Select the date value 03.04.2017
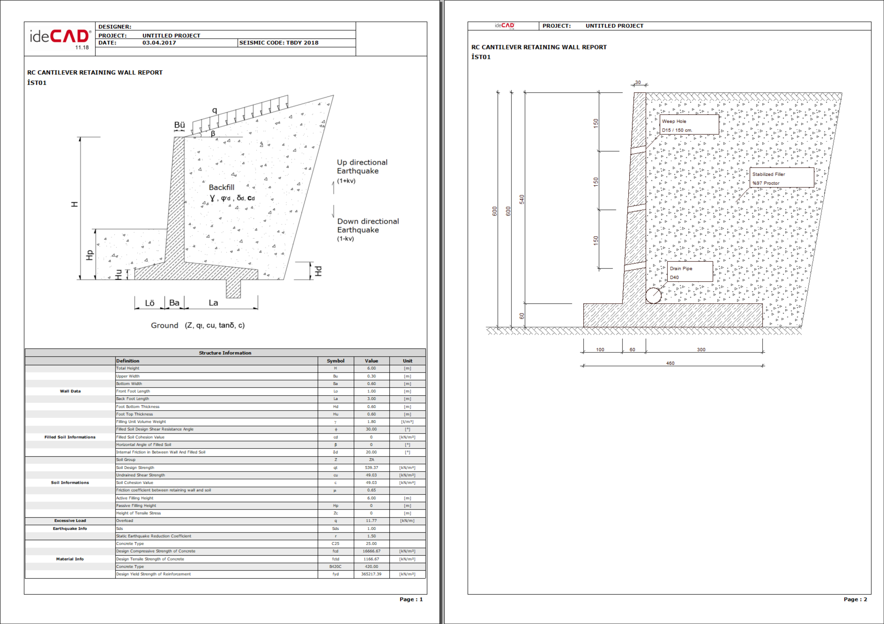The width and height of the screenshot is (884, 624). [159, 43]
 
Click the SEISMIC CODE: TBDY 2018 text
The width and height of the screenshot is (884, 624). [279, 43]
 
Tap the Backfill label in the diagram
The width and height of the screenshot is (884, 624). [221, 187]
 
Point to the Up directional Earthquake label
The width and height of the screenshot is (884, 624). [362, 167]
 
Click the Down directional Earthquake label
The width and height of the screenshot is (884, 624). [368, 225]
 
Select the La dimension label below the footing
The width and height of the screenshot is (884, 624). [213, 303]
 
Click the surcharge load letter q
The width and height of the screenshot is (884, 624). [215, 111]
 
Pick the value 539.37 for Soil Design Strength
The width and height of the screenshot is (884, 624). [371, 467]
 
